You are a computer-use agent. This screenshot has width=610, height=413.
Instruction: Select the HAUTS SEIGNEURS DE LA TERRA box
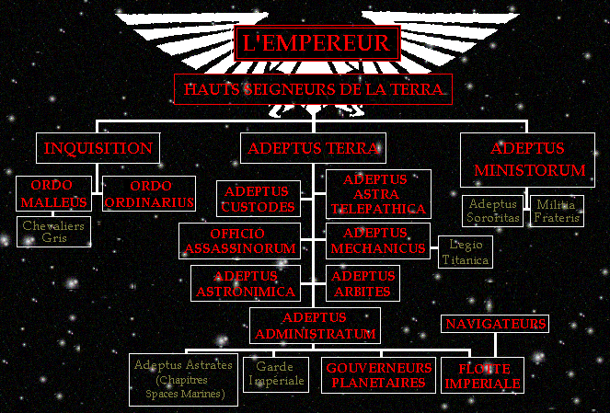(313, 89)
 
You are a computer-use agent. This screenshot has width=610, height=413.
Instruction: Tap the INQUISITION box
(98, 148)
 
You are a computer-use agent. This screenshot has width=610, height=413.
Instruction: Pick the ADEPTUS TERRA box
(314, 148)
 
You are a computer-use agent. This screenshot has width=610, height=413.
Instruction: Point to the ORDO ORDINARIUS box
(148, 194)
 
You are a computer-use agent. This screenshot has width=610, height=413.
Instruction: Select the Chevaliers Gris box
(55, 230)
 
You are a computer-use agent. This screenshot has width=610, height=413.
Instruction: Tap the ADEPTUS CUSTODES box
(258, 199)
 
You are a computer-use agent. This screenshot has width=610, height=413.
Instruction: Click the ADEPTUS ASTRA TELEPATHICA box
(378, 193)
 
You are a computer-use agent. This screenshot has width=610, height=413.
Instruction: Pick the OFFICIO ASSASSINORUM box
(239, 241)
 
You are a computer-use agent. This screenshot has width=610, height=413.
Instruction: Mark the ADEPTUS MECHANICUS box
(378, 240)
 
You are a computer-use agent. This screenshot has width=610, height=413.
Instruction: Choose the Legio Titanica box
(465, 252)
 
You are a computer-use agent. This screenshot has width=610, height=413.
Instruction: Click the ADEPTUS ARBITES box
(363, 283)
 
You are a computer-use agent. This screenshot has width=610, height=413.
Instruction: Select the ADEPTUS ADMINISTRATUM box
(314, 326)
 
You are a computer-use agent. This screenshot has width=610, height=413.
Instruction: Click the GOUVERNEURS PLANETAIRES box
(379, 375)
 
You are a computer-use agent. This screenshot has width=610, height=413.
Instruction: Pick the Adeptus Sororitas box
(494, 211)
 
